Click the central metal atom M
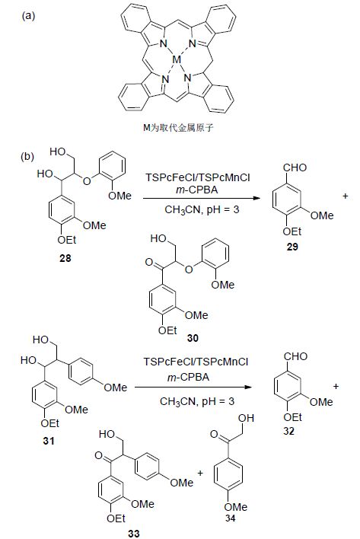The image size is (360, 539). [x=177, y=60]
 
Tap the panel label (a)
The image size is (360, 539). [x=28, y=16]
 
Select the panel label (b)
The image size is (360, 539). [x=28, y=156]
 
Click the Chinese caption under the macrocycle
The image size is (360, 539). [x=178, y=128]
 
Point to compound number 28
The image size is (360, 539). [x=65, y=258]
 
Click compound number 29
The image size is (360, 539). [x=292, y=247]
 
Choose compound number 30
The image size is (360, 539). [x=193, y=338]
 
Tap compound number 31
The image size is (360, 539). [x=49, y=441]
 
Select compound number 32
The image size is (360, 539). [x=289, y=431]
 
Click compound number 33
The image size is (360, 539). [x=134, y=533]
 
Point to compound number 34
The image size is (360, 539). [x=230, y=518]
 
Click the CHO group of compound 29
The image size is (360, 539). [x=295, y=167]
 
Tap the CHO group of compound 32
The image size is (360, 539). [x=295, y=356]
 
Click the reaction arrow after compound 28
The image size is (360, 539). [x=201, y=199]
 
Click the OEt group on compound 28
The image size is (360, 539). [x=67, y=240]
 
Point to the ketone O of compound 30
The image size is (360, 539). [x=148, y=263]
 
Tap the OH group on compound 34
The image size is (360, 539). [x=247, y=418]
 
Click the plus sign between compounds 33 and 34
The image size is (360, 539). [x=200, y=474]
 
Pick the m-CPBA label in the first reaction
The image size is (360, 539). [x=197, y=190]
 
